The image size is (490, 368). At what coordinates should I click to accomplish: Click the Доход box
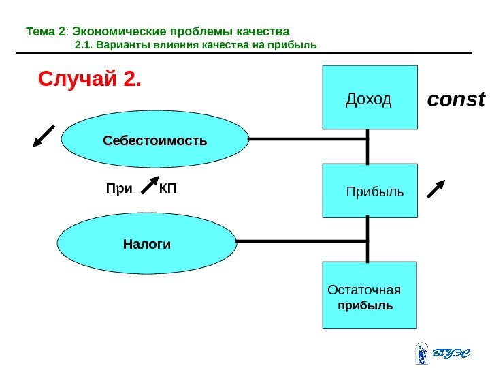point(370,97)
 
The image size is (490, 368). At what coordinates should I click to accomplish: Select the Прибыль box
point(370,190)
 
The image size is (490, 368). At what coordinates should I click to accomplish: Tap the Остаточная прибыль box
point(369,295)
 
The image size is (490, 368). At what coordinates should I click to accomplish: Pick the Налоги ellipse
point(147,243)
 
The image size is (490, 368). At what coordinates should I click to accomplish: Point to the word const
point(455,101)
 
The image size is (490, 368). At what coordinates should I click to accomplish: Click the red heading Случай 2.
point(90,80)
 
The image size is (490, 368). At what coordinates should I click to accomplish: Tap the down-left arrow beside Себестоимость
point(44,135)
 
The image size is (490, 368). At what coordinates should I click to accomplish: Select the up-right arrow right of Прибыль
point(437,188)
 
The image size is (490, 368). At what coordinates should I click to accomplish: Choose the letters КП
point(167,187)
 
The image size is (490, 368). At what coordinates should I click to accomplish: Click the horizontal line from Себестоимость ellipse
point(308,139)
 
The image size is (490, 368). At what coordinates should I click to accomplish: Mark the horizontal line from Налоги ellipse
point(302,241)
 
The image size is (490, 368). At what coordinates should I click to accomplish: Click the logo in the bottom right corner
point(442,352)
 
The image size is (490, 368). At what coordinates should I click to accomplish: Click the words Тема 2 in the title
point(45,31)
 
